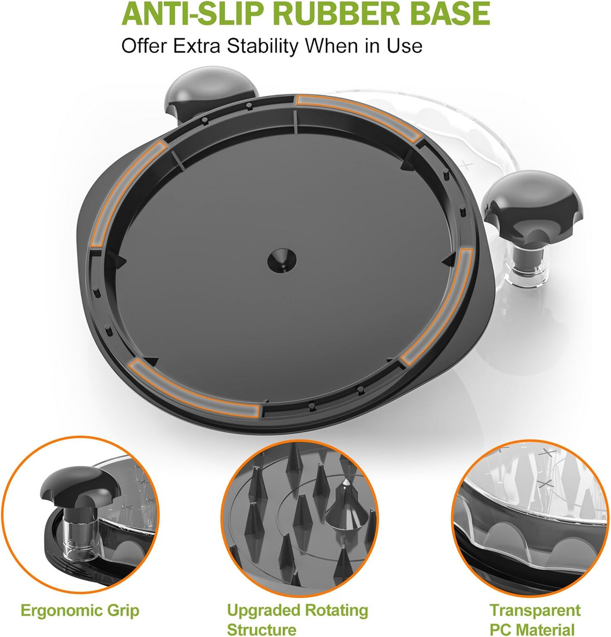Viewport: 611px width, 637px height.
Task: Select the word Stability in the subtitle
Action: point(262,46)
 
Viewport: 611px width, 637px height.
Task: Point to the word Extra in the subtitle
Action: point(197,46)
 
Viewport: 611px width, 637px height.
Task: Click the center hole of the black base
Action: point(282,260)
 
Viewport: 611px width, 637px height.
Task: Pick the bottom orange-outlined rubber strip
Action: point(195,389)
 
